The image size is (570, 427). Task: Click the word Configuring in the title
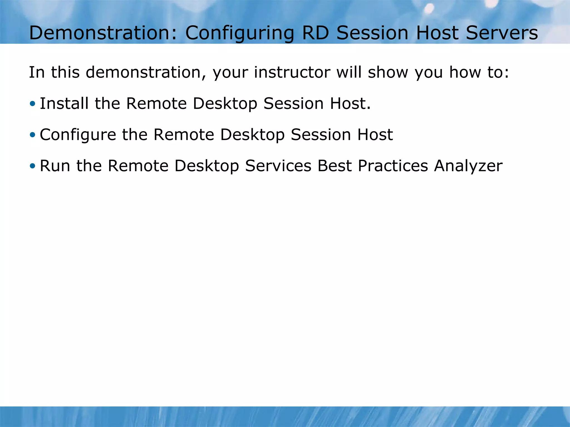[x=240, y=33]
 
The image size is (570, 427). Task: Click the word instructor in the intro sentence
[x=292, y=73]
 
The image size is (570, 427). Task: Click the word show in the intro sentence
[x=388, y=73]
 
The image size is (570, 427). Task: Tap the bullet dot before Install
[x=33, y=104]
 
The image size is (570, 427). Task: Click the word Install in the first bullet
[x=64, y=103]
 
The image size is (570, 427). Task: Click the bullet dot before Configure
[x=33, y=135]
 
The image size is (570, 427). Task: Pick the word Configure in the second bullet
[x=78, y=135]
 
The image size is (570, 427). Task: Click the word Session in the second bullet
[x=321, y=135]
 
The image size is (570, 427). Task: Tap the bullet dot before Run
[x=33, y=166]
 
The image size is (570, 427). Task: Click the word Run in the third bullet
[x=55, y=166]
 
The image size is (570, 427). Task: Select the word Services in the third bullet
[x=278, y=166]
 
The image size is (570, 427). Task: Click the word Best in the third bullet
[x=335, y=166]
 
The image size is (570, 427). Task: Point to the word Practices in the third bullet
[x=393, y=166]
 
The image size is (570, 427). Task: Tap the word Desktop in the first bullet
[x=225, y=104]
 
